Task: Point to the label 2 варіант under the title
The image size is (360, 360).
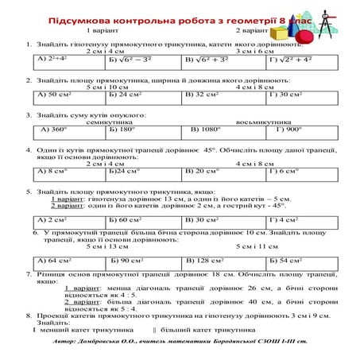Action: point(250,29)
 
